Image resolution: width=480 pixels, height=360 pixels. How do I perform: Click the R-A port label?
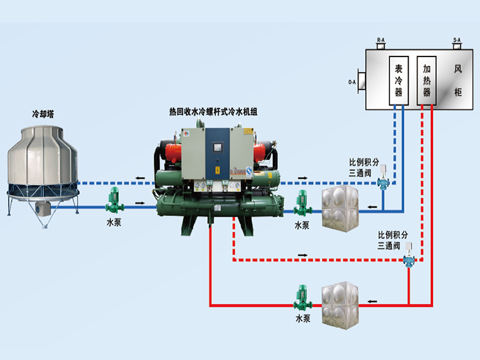click(380, 40)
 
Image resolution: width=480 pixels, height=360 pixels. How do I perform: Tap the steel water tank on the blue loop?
click(339, 208)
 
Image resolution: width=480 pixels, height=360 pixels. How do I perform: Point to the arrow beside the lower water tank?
click(373, 301)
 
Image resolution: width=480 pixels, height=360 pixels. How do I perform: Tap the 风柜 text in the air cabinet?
click(458, 81)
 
